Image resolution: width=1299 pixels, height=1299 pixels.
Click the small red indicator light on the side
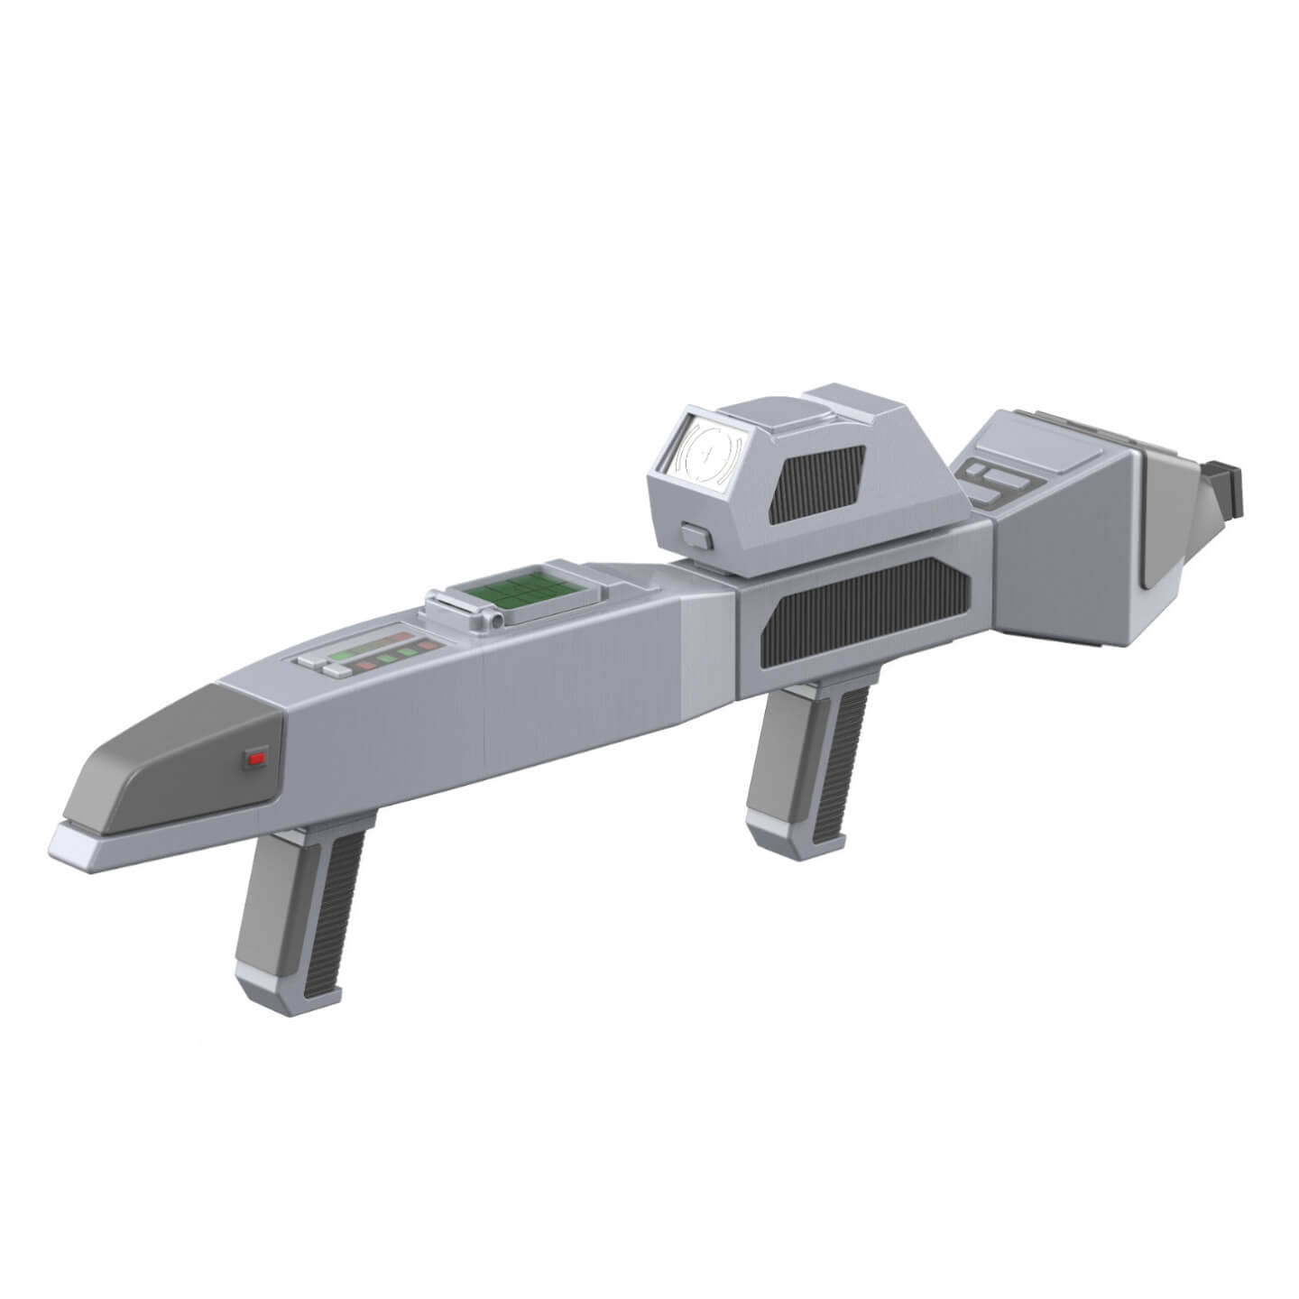pyautogui.click(x=257, y=759)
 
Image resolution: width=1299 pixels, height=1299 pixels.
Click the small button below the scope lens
pyautogui.click(x=696, y=537)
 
